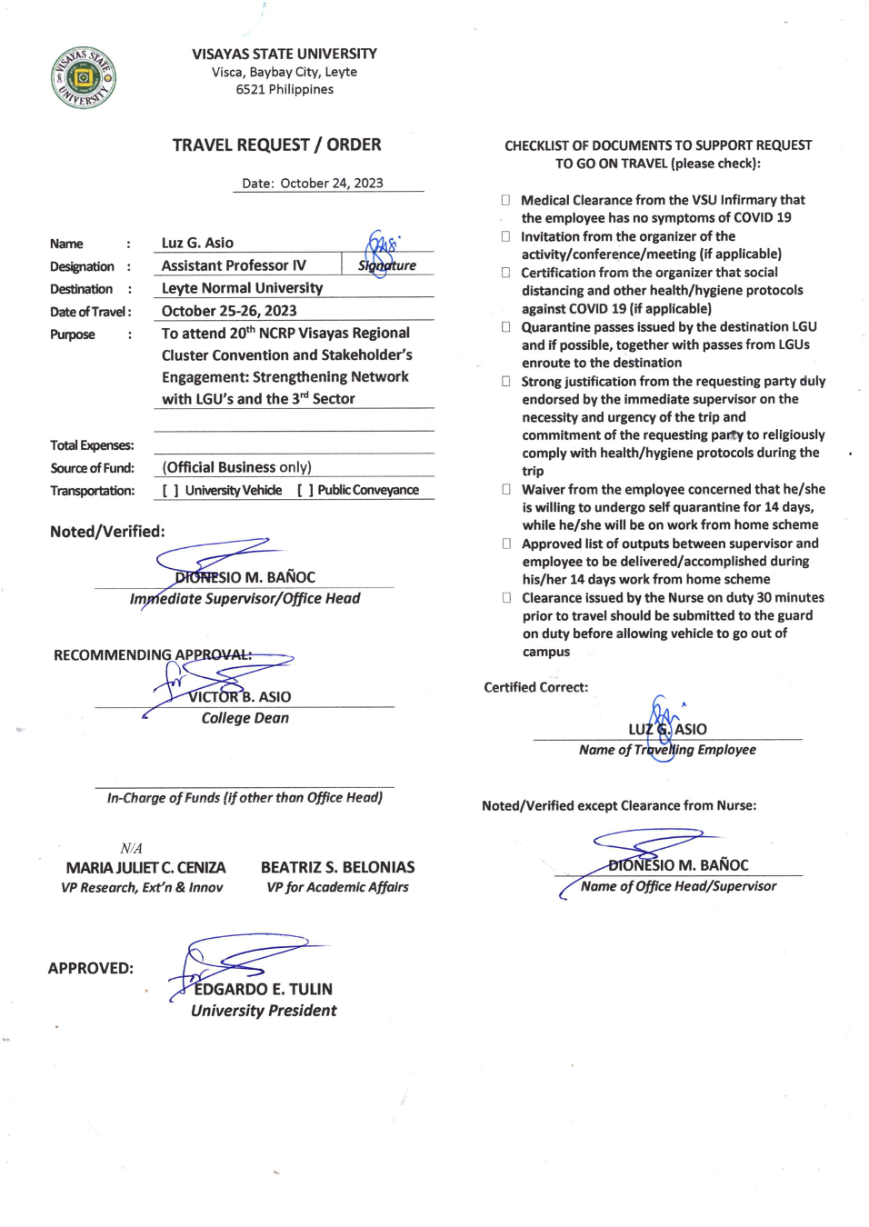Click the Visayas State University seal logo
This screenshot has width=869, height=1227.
83,77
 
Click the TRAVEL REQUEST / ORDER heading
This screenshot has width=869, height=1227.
276,145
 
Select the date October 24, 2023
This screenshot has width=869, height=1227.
331,184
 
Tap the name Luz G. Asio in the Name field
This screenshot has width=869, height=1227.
197,243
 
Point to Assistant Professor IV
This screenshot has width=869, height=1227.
234,265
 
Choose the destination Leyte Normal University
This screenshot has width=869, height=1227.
242,288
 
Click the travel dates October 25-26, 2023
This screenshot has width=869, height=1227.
229,311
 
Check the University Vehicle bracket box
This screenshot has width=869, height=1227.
170,491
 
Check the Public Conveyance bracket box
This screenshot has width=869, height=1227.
305,491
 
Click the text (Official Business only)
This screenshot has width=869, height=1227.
236,467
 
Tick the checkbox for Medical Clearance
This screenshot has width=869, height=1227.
505,200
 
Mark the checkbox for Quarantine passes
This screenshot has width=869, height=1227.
505,327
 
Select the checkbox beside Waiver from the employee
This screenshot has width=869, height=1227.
506,489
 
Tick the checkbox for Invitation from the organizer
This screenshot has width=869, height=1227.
505,236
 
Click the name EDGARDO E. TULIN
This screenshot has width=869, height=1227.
263,989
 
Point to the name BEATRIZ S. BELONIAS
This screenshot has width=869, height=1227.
337,867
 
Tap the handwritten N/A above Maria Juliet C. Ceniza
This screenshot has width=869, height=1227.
131,848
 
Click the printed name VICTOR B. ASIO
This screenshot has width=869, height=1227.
240,697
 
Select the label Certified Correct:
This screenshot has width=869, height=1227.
535,687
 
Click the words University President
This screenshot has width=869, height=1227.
264,1011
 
